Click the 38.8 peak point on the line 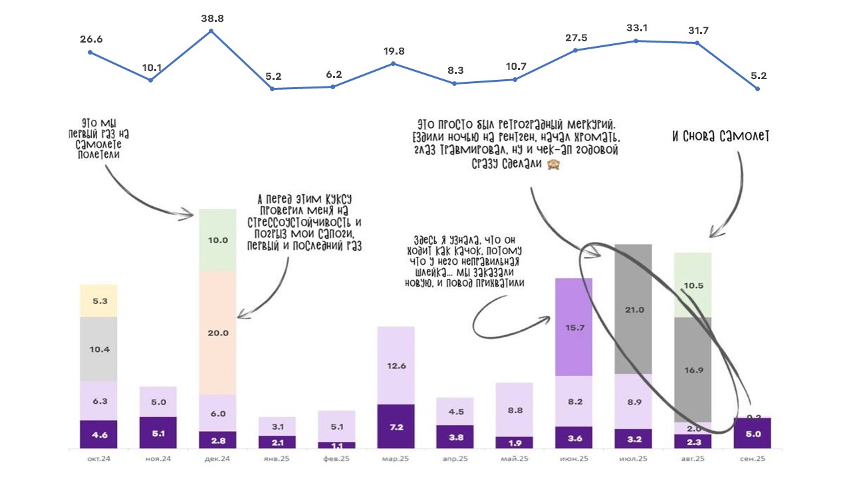pos(211,31)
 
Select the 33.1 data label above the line pos(636,28)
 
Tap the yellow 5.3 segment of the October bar pos(98,301)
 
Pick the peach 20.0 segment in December pos(218,333)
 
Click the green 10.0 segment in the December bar pos(218,240)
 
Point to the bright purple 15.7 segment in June pos(573,327)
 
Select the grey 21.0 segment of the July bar pos(633,309)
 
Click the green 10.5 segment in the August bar pos(693,285)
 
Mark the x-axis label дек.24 pos(218,459)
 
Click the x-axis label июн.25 pos(573,459)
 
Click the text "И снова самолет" pos(720,137)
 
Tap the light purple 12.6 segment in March pos(396,365)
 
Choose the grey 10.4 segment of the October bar pos(98,349)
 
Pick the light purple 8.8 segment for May pos(515,410)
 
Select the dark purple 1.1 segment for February pos(336,444)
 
